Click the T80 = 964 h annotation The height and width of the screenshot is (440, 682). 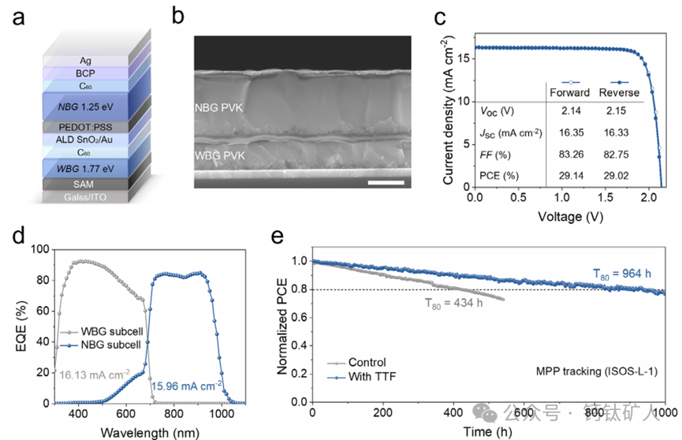pyautogui.click(x=627, y=274)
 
